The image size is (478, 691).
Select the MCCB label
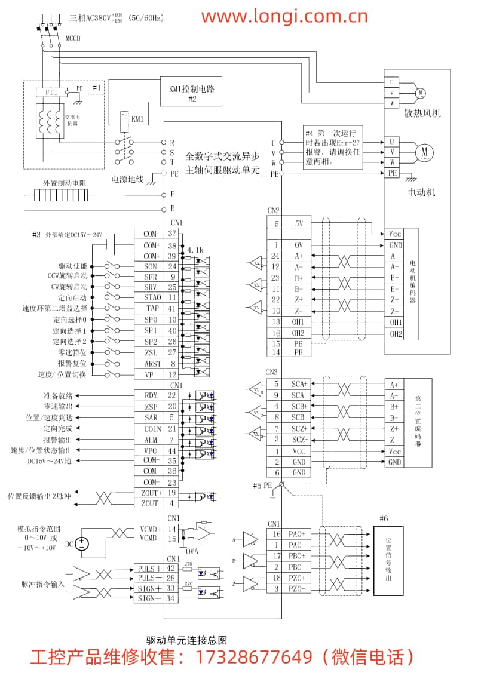(72, 38)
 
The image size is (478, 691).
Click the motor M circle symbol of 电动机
(425, 152)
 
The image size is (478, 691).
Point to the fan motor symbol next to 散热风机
(420, 92)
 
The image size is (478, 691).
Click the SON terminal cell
(151, 266)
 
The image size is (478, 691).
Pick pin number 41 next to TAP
(172, 309)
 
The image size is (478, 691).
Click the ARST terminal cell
(151, 363)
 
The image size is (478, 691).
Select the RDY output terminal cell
(151, 395)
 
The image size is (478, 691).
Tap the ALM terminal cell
(151, 440)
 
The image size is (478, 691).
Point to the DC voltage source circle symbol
(81, 544)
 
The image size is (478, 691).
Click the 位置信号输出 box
(388, 561)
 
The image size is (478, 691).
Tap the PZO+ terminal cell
(296, 578)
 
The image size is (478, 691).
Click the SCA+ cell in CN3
(298, 384)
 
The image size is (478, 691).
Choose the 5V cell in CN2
(298, 224)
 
